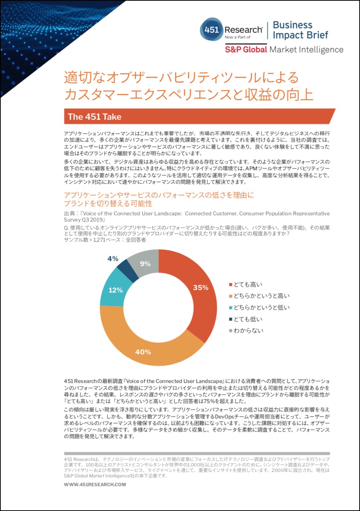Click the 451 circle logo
[x=211, y=29]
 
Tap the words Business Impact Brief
[x=300, y=30]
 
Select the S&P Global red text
[x=246, y=49]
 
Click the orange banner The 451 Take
[x=199, y=116]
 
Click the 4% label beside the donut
[x=113, y=259]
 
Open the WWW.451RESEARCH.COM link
[x=95, y=484]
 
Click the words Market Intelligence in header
[x=307, y=49]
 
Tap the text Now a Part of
[x=237, y=37]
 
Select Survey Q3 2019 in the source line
[x=85, y=220]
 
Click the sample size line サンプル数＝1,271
[x=105, y=240]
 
